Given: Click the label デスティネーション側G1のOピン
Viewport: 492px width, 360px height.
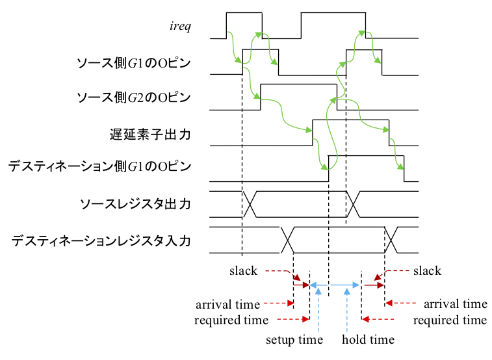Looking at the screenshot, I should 100,167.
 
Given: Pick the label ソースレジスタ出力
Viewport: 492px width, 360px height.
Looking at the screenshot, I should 135,204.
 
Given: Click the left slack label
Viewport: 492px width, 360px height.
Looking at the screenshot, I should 243,270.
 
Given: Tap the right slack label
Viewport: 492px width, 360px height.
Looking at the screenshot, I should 427,270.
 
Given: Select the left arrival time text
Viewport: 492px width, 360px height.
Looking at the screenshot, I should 227,304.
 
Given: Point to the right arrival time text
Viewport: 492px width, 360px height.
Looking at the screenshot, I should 455,303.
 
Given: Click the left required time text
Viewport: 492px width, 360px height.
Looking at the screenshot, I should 231,320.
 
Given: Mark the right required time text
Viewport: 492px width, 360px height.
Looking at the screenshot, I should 450,320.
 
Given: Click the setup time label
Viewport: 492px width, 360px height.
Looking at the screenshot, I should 294,340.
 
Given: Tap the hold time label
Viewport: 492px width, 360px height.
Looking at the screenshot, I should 368,340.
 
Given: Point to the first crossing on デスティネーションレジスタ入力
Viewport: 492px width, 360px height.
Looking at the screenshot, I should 288,240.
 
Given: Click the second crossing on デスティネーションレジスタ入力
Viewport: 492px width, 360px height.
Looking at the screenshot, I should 393,240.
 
